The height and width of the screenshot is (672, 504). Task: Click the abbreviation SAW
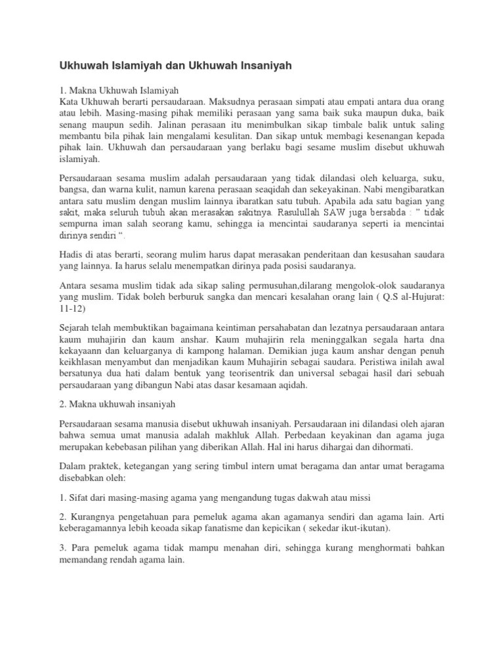pyautogui.click(x=347, y=213)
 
